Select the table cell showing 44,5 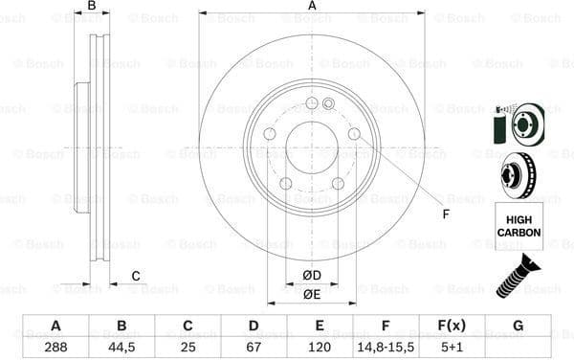click(x=121, y=347)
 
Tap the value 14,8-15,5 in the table click(x=386, y=347)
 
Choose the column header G click(x=518, y=326)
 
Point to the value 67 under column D click(x=254, y=347)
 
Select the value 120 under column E click(x=320, y=347)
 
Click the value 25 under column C click(x=188, y=347)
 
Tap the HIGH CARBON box click(x=519, y=226)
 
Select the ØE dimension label click(x=312, y=294)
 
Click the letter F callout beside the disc click(x=445, y=214)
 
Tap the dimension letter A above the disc click(x=312, y=7)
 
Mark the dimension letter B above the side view click(x=92, y=7)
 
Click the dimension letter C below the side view click(x=135, y=277)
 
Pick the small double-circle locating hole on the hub click(x=328, y=103)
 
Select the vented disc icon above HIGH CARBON click(x=518, y=174)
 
